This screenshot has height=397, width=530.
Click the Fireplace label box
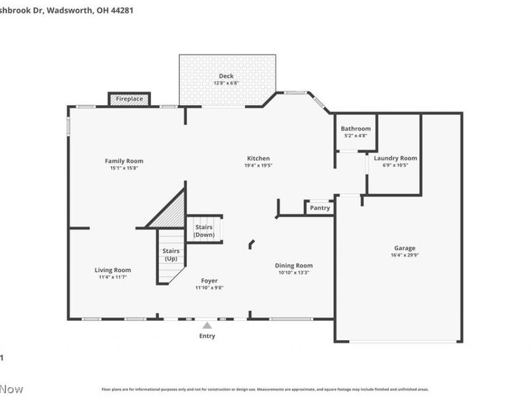(129, 99)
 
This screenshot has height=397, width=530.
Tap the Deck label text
(227, 77)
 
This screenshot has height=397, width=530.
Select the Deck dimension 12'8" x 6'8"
(227, 83)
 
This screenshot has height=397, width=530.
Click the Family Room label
(124, 161)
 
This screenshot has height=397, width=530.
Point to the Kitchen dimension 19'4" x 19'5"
(258, 165)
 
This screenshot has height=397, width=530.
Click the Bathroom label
(356, 128)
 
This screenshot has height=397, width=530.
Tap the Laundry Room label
(396, 158)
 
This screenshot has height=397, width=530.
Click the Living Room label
(113, 270)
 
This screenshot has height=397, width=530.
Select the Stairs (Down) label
(204, 231)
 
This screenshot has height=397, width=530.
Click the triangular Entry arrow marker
(207, 325)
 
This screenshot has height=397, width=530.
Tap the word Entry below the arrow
(207, 336)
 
